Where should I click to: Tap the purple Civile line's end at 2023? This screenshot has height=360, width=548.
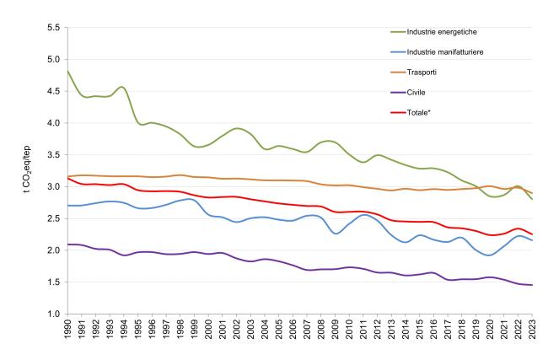point(532,285)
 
